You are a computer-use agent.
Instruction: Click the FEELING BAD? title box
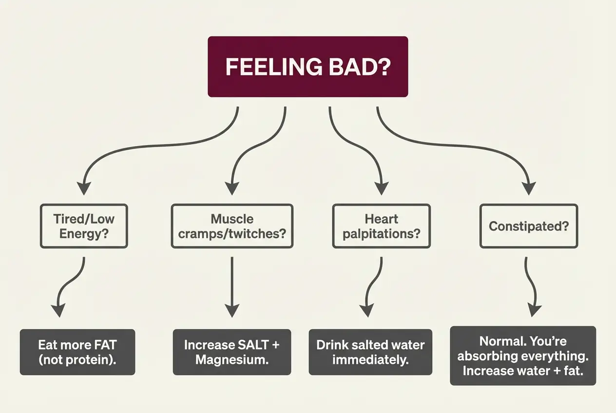click(x=308, y=67)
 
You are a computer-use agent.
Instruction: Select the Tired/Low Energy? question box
click(x=84, y=226)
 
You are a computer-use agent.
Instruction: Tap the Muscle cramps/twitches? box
click(x=232, y=226)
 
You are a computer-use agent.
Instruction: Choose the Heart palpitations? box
click(x=381, y=226)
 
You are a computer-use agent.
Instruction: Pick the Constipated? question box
click(x=529, y=226)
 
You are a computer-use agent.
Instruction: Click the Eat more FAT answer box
click(x=77, y=352)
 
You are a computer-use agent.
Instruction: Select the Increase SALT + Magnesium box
click(x=232, y=352)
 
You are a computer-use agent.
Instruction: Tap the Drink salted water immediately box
click(x=370, y=352)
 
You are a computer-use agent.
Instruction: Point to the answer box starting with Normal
click(x=523, y=356)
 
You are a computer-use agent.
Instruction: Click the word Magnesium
click(x=232, y=360)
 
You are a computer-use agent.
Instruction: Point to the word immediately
click(x=370, y=360)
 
